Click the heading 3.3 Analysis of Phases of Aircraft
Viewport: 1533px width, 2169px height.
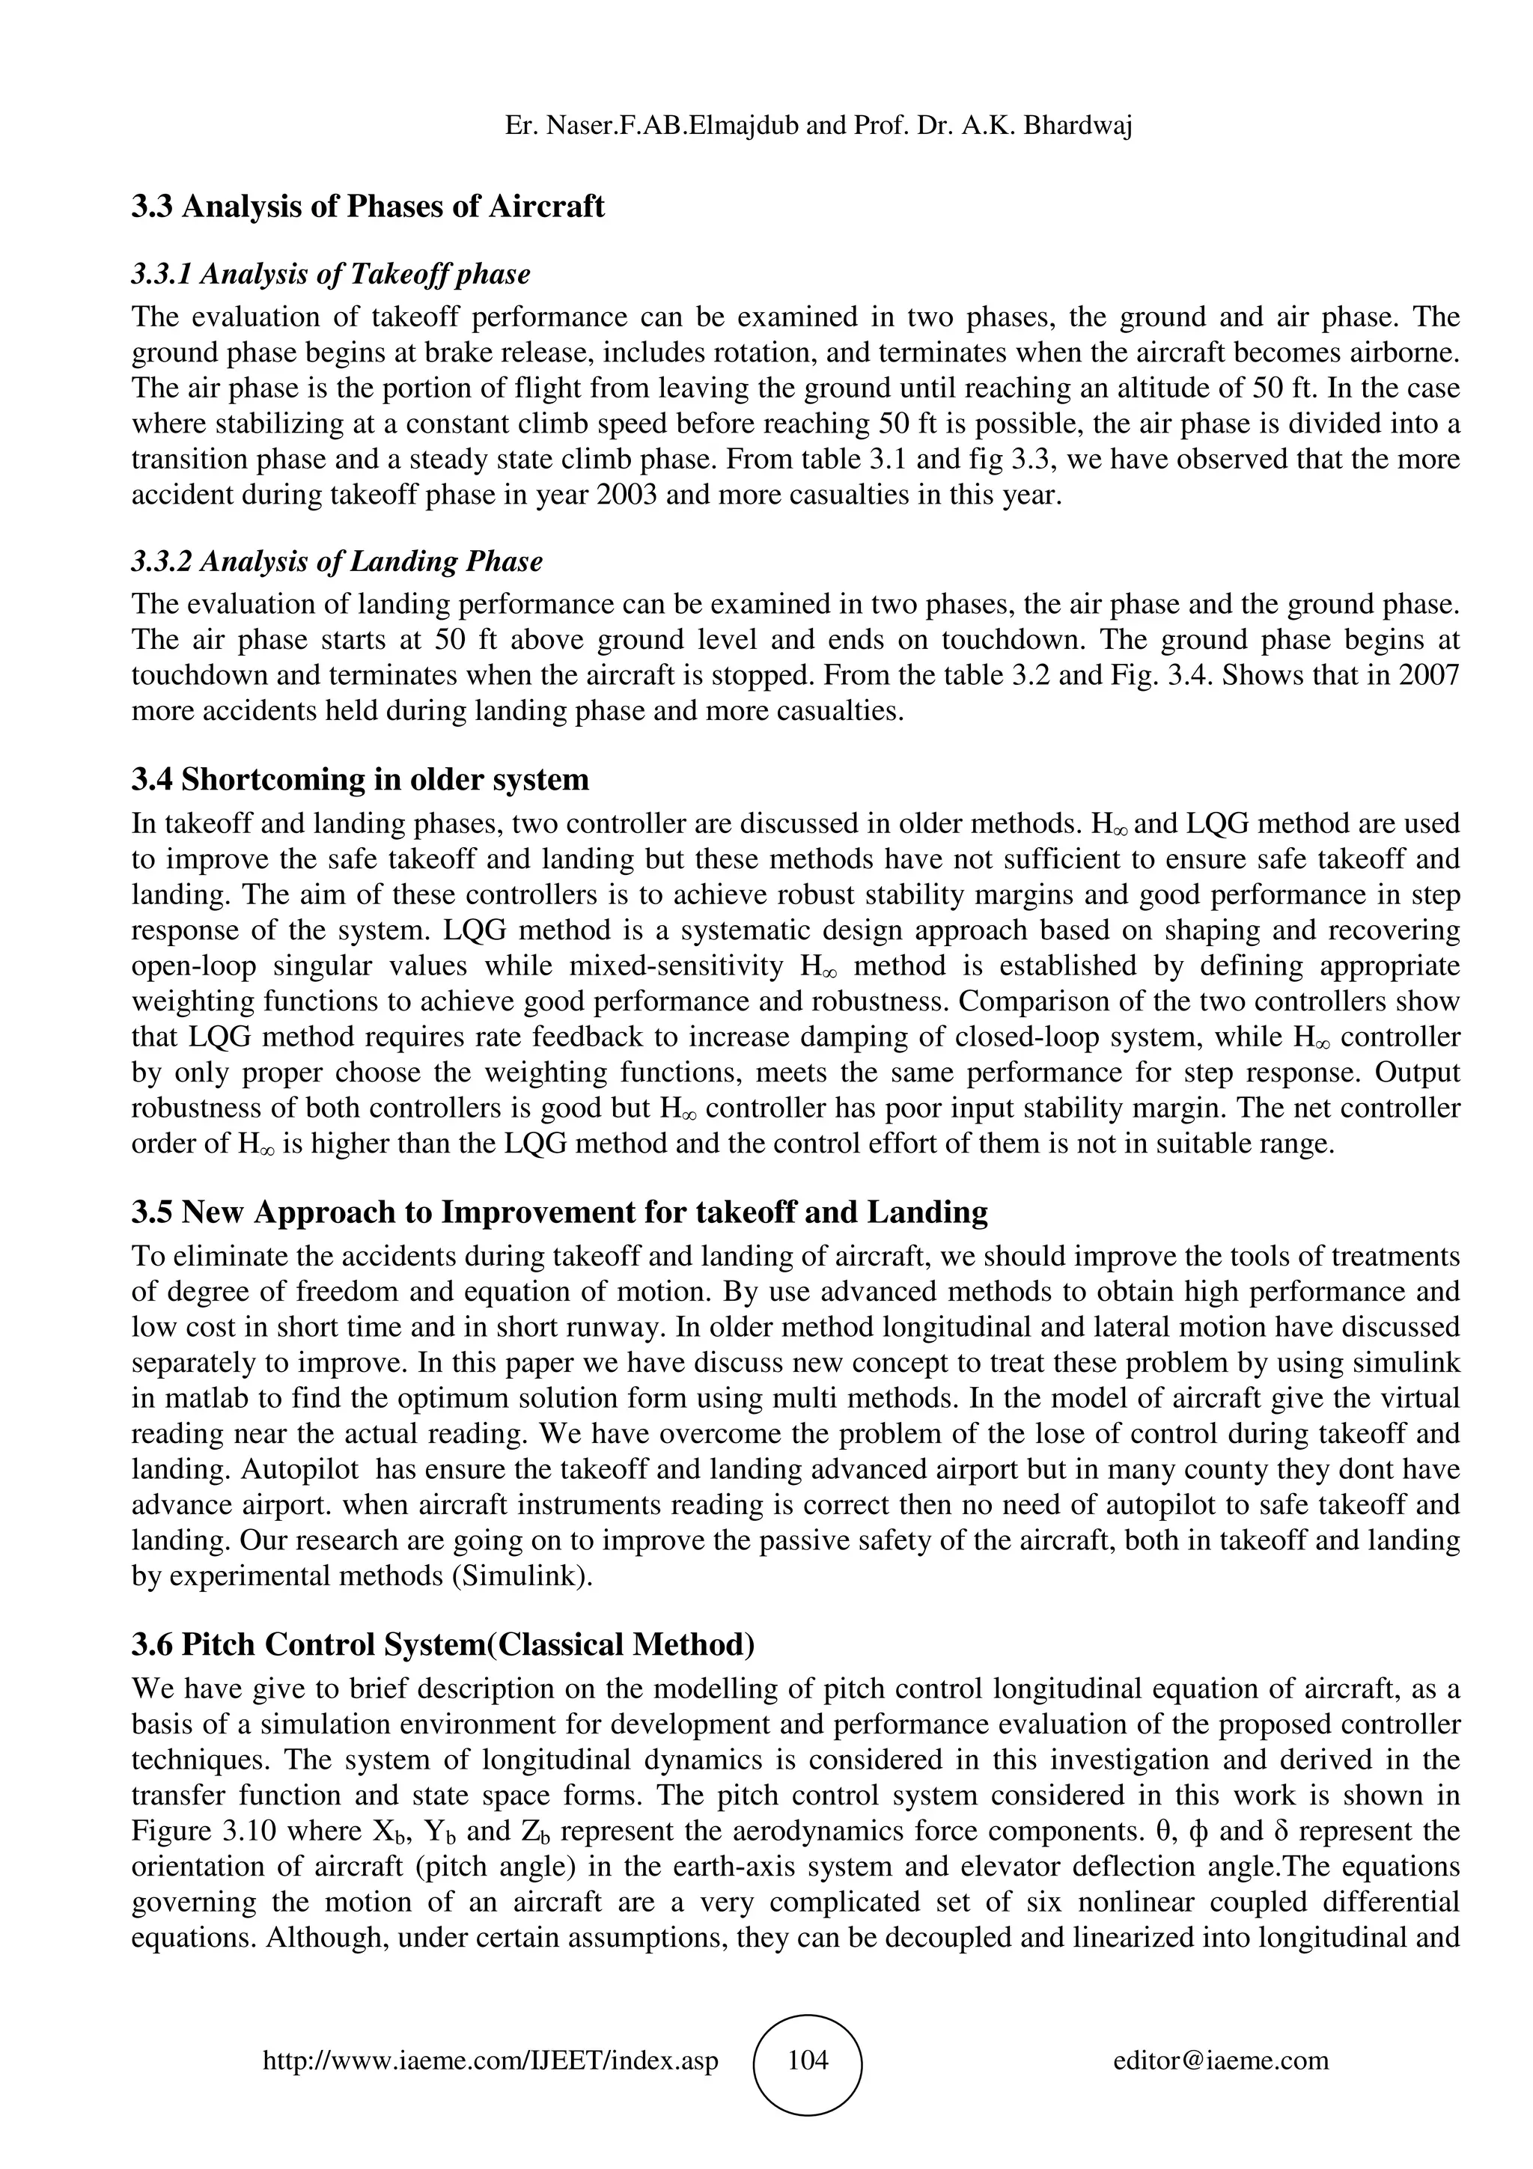tap(368, 206)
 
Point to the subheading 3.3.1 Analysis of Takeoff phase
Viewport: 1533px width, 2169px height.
tap(331, 274)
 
